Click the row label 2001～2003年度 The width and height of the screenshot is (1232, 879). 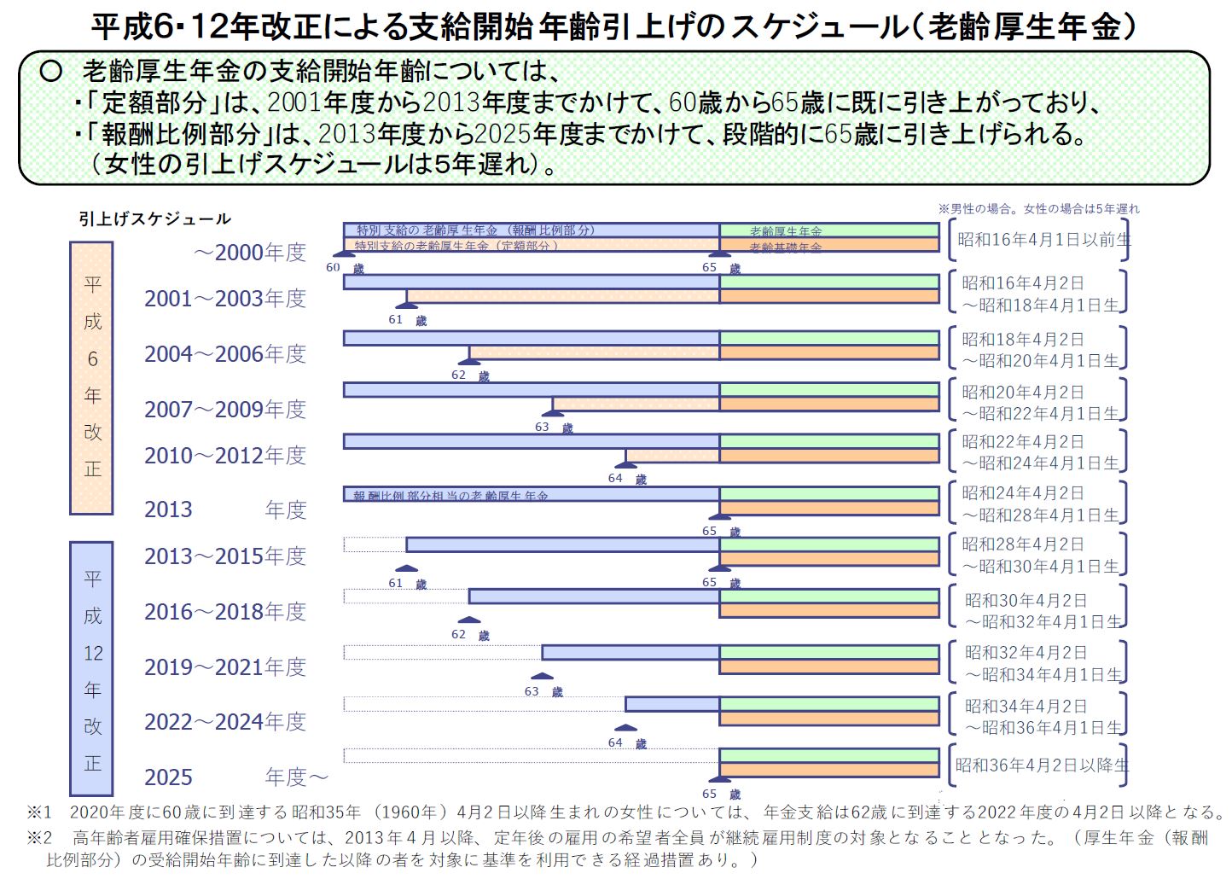[x=224, y=299]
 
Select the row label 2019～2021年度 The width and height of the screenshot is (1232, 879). [x=224, y=667]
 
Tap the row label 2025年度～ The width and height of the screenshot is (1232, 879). [x=235, y=777]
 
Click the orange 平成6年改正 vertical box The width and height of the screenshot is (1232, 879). [x=92, y=378]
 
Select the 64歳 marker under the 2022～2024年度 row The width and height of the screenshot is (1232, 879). [x=625, y=742]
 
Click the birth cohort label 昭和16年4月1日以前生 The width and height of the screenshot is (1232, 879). [x=1043, y=240]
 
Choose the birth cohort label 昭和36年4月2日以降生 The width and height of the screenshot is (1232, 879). [x=1042, y=765]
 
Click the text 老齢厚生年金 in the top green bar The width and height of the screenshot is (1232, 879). [x=786, y=231]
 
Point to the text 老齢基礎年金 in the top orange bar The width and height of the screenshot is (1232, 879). [x=786, y=247]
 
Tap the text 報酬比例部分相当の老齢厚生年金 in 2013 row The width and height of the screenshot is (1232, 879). [x=450, y=495]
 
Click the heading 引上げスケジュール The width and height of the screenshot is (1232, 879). [x=154, y=219]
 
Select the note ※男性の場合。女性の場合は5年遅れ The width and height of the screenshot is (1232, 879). [x=1038, y=208]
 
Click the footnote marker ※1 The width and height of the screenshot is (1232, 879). [x=39, y=812]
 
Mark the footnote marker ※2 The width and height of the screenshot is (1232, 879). [x=39, y=838]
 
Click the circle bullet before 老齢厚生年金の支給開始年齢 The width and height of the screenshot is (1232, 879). [x=51, y=71]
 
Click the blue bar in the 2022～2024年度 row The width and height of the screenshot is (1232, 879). [x=671, y=704]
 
